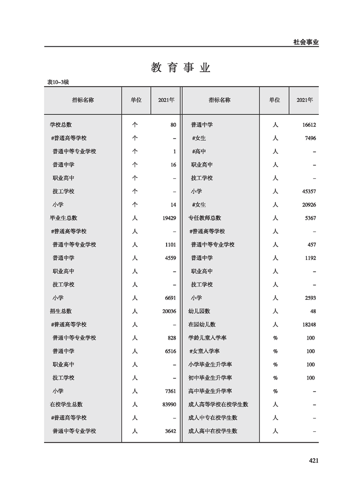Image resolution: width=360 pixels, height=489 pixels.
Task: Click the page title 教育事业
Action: click(x=180, y=68)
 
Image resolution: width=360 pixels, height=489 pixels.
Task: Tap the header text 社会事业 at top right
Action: click(x=306, y=42)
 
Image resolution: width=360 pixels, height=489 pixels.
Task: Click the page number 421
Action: click(x=313, y=461)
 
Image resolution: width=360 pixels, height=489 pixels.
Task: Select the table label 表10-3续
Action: click(x=58, y=82)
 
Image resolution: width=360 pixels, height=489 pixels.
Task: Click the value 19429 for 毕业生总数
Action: click(x=168, y=218)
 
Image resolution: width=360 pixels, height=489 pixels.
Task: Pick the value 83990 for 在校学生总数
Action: click(x=168, y=405)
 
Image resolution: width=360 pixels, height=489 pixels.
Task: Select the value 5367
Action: click(x=309, y=218)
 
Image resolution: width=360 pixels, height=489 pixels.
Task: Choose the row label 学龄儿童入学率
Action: click(x=207, y=338)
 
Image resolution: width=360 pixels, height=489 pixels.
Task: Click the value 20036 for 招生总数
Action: click(x=168, y=311)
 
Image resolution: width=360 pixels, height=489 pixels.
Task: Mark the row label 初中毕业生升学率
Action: click(x=210, y=378)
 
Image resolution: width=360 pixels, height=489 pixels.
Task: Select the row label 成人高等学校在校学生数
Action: click(x=218, y=405)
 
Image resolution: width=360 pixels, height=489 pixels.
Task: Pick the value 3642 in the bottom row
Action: click(x=169, y=431)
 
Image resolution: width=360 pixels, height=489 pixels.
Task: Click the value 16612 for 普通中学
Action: click(x=308, y=124)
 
